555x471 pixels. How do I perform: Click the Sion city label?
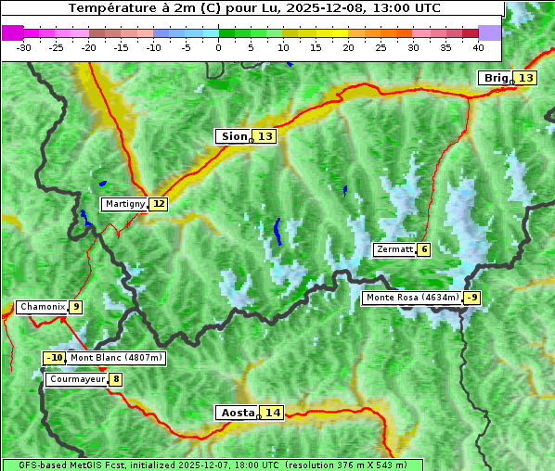coord(233,136)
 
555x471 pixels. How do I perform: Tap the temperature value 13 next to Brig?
coord(525,78)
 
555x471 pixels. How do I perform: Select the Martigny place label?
coord(124,204)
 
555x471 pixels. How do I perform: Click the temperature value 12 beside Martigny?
coord(159,204)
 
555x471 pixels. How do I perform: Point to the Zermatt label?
coord(394,249)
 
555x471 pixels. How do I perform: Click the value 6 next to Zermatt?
coord(423,249)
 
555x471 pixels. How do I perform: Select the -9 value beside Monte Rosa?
coord(471,298)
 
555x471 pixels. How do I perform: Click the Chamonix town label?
coord(42,307)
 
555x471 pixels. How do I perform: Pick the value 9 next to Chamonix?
coord(75,307)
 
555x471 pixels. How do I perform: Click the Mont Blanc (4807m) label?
coord(116,358)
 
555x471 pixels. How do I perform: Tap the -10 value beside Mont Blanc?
coord(55,358)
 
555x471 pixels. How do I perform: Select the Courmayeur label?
coord(76,379)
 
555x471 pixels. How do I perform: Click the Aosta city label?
coord(237,413)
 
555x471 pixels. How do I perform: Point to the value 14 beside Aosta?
coord(271,413)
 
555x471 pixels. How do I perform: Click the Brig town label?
coord(495,78)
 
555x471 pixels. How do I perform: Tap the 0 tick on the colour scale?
coord(219,46)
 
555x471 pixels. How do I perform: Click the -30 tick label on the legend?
coord(24,46)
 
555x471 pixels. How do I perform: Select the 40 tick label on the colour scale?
coord(478,46)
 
